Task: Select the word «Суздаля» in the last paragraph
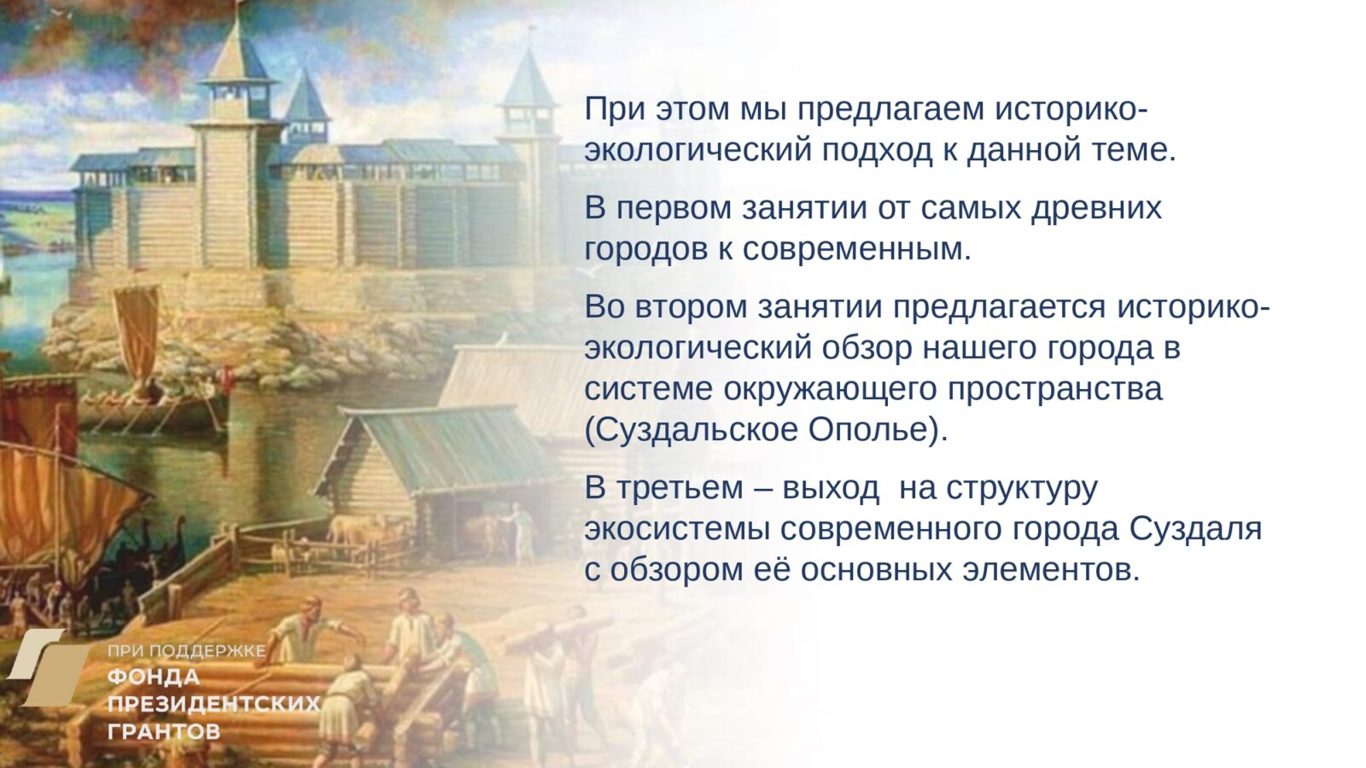pos(1195,528)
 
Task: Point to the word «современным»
pos(856,249)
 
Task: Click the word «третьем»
pos(680,488)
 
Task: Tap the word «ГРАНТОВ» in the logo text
pos(164,731)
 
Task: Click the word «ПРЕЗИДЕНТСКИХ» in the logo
pos(213,704)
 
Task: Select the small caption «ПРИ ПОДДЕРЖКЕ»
pos(186,651)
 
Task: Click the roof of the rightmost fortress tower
pos(528,79)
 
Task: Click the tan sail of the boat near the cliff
pos(137,329)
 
